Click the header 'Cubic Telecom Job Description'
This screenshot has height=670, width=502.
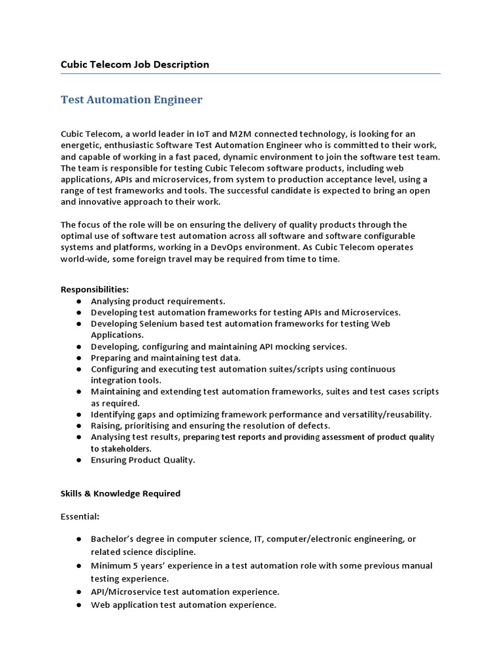[x=135, y=64]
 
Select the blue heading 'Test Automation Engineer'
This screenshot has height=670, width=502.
[x=131, y=99]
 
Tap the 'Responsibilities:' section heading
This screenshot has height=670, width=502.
[x=95, y=289]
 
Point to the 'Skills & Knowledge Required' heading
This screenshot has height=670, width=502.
[x=120, y=493]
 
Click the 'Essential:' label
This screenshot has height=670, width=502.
[x=80, y=516]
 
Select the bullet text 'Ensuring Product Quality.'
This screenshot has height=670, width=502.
[x=142, y=460]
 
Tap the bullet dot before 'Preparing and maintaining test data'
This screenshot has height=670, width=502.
[x=78, y=358]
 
